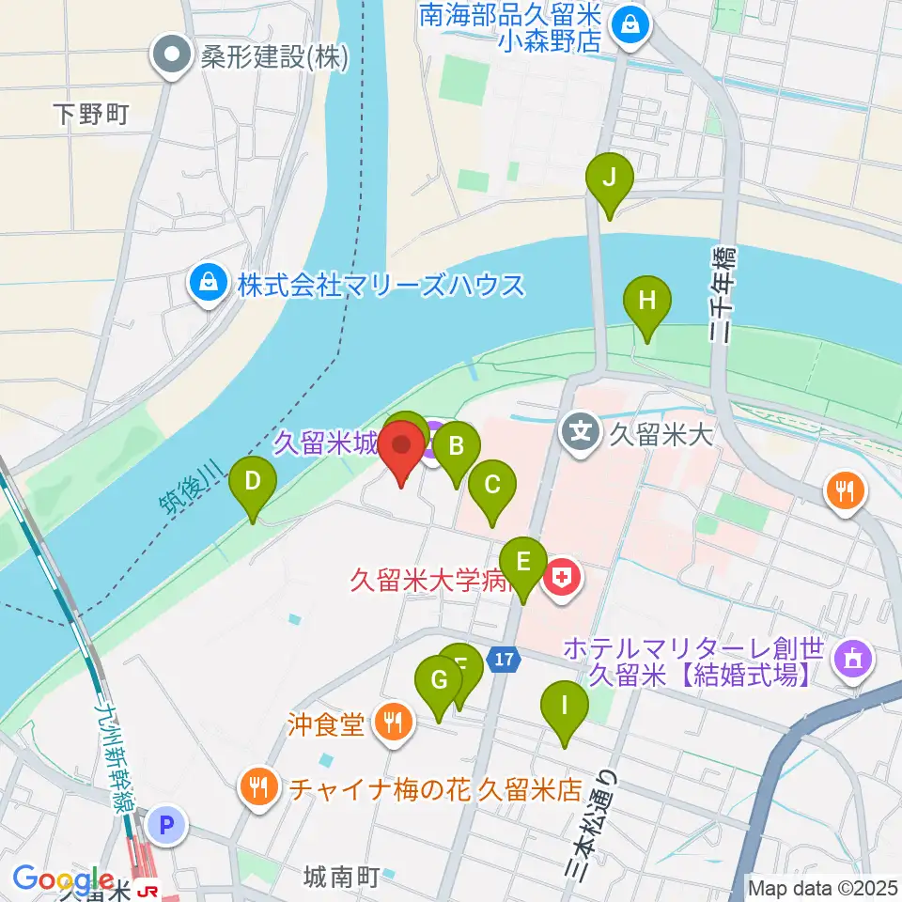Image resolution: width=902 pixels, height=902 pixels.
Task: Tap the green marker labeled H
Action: pos(647,302)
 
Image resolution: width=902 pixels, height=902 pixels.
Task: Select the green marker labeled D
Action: pos(253,483)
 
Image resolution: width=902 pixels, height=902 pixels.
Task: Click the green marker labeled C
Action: pos(491,486)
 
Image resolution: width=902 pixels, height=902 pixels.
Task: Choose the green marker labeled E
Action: pos(523,563)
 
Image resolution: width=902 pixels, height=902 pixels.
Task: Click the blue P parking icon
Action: pos(167,826)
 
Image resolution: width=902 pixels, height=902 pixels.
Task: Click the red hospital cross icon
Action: pos(562,576)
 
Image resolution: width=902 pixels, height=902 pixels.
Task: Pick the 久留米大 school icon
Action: pos(581,433)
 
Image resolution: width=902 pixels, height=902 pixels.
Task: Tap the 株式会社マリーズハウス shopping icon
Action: pos(206,283)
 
